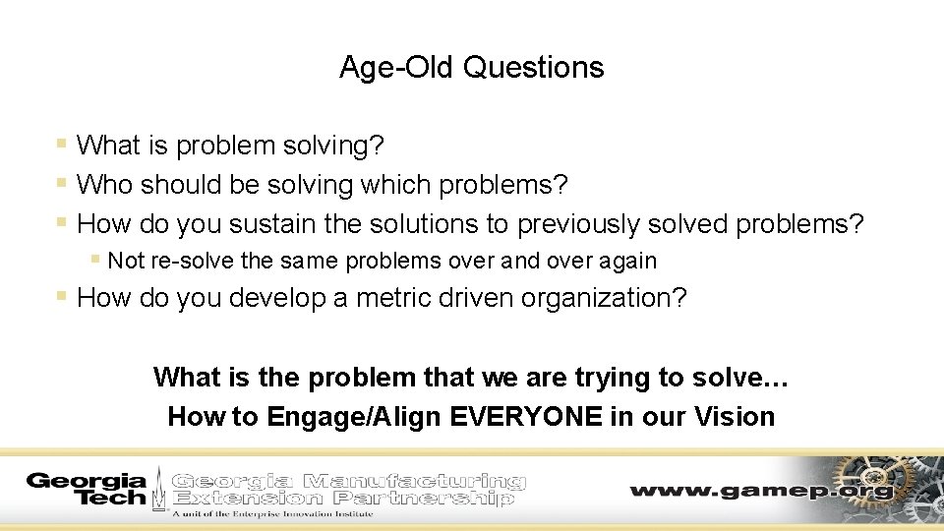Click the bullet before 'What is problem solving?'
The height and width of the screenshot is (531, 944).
(62, 145)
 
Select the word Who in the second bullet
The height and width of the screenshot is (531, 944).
(105, 184)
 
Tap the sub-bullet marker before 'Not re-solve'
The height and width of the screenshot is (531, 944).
(94, 260)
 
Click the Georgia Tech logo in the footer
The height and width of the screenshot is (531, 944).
(87, 489)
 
